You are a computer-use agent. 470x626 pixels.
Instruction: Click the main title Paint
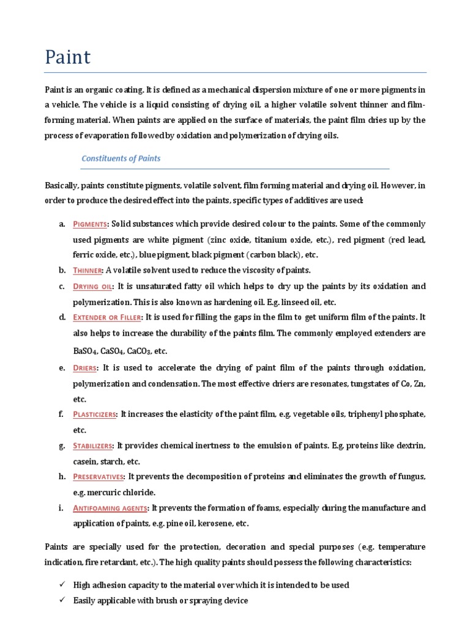click(x=68, y=57)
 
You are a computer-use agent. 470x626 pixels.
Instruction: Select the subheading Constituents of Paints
click(x=121, y=158)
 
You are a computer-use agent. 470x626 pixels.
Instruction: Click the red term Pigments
click(x=91, y=224)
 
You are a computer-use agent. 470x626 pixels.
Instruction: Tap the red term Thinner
click(x=87, y=270)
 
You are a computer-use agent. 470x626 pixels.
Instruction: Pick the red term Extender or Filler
click(x=107, y=317)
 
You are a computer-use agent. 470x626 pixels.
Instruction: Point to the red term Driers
click(x=85, y=367)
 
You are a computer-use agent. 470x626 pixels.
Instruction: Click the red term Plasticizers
click(x=94, y=414)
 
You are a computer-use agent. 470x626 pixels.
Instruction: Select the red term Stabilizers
click(x=93, y=446)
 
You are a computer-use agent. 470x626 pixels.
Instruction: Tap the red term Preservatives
click(x=99, y=477)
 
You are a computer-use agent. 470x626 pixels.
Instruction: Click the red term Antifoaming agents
click(x=110, y=508)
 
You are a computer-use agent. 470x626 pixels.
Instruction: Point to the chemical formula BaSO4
click(x=87, y=352)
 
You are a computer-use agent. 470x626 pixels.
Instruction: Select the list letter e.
click(x=62, y=367)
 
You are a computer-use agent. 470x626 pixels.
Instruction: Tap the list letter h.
click(x=62, y=477)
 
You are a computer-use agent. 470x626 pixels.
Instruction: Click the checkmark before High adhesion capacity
click(x=62, y=585)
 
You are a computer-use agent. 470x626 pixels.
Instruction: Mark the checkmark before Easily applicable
click(x=62, y=601)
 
